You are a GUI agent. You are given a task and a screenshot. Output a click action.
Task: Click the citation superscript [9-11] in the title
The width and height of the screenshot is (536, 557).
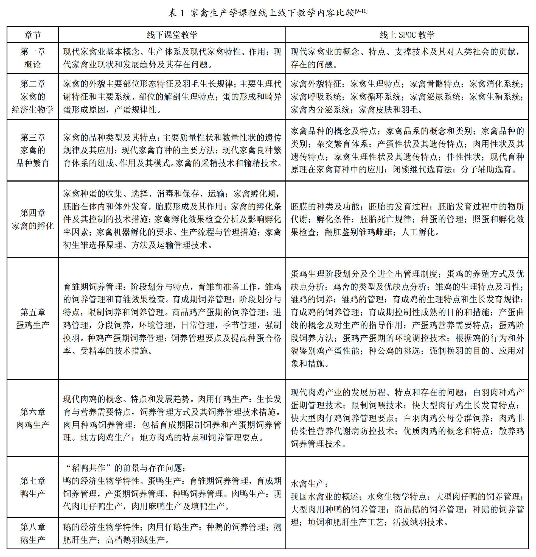[361, 11]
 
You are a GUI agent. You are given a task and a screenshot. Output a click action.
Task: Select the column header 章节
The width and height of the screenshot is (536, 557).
[33, 35]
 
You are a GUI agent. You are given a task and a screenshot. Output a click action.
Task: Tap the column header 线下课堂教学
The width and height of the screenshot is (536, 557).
[172, 35]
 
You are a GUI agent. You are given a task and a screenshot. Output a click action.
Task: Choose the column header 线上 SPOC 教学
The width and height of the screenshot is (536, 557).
[407, 35]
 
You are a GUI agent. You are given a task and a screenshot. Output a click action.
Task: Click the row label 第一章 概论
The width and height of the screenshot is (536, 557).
[33, 58]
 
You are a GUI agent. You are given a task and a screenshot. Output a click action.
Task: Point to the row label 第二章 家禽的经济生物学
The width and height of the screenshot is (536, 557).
[33, 96]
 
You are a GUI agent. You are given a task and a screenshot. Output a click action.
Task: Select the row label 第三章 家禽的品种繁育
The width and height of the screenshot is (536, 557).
[33, 150]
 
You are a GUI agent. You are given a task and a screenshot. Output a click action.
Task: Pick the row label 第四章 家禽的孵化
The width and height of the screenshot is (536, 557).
[33, 219]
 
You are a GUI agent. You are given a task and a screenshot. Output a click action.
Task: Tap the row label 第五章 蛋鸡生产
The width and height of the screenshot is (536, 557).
[33, 319]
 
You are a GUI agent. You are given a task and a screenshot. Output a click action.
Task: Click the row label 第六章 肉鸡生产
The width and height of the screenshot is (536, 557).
[33, 418]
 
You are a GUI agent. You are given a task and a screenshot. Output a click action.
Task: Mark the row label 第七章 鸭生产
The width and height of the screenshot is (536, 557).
[33, 487]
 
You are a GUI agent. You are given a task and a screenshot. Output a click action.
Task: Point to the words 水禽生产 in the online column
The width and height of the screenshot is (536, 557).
[307, 483]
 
